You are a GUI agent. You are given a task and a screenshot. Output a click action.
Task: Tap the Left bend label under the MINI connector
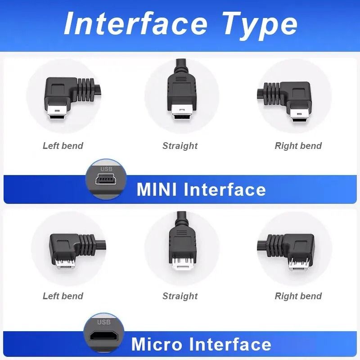(x=63, y=146)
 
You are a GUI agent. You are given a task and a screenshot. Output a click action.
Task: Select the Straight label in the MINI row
(x=180, y=146)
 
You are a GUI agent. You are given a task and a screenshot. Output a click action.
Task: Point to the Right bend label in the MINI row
(x=298, y=146)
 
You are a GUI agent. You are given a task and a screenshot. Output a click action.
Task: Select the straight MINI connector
(x=180, y=94)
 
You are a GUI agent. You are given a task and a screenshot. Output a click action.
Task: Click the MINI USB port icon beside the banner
(x=106, y=180)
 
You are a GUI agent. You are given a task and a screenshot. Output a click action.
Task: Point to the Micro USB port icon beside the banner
(x=103, y=337)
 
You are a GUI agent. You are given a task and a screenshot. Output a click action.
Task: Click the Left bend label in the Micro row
(x=63, y=296)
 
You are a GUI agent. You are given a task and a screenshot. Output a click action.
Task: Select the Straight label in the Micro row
(x=180, y=296)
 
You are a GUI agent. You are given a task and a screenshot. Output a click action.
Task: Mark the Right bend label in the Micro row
(x=298, y=296)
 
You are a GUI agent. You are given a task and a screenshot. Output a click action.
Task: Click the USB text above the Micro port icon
(x=104, y=322)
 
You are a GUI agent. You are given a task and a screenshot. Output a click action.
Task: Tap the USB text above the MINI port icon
(x=106, y=169)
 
